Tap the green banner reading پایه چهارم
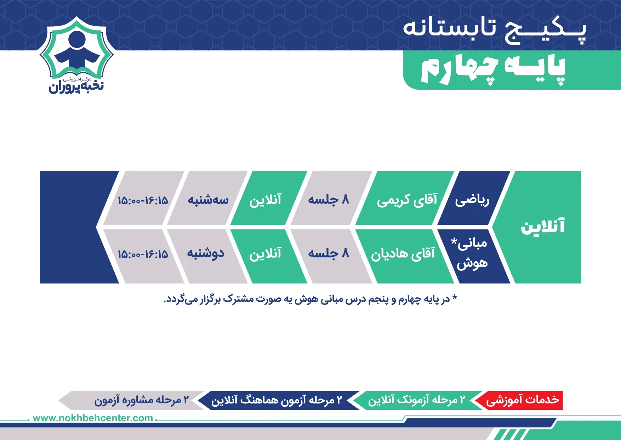tap(512, 70)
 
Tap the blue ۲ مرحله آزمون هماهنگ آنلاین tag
tap(278, 400)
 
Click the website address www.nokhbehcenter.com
tap(93, 418)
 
